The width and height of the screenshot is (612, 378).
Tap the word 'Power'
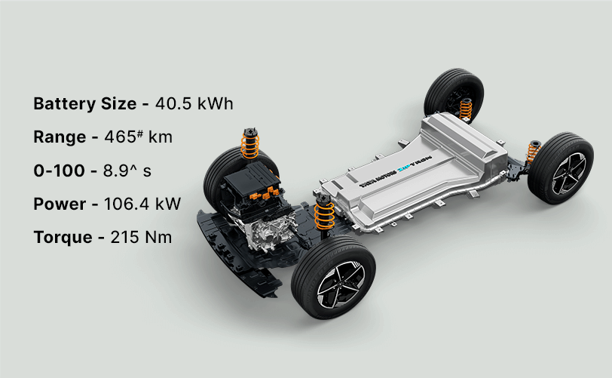(60, 204)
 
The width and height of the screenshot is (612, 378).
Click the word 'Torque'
(64, 237)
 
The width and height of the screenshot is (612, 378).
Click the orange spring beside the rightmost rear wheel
(533, 153)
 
